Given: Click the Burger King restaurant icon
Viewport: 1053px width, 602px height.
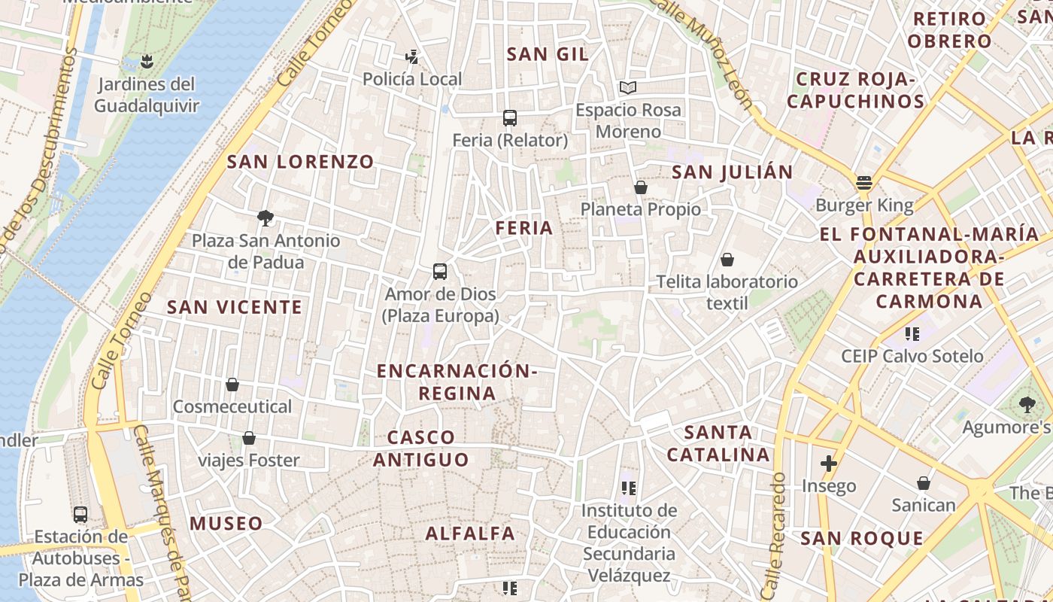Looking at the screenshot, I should [x=863, y=182].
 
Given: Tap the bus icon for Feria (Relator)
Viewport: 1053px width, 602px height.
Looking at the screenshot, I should [x=510, y=117].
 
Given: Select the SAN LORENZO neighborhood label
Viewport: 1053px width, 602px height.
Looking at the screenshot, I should [x=300, y=162].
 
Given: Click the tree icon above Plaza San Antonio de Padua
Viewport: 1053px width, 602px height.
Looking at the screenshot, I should [x=265, y=218].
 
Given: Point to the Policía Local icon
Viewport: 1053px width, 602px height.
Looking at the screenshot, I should [x=411, y=56].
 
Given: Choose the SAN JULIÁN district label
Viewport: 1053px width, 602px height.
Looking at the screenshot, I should [x=733, y=172].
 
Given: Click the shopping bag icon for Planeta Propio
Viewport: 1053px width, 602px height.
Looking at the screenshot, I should [x=641, y=187].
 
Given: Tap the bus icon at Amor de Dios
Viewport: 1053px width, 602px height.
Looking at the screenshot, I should [x=440, y=272].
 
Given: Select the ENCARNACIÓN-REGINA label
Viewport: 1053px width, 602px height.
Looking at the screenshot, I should [x=457, y=382].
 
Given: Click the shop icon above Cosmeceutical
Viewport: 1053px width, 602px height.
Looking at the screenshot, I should [x=232, y=385].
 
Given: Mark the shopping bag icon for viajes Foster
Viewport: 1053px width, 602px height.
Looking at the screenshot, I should [x=249, y=438].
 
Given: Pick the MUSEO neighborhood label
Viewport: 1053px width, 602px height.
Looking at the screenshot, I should [x=226, y=524].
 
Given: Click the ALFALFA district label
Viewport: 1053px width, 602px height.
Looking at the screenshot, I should [x=470, y=534].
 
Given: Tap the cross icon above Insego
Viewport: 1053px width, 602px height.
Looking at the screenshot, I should [x=829, y=464].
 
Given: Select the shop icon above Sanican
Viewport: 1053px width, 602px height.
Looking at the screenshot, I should [x=924, y=483].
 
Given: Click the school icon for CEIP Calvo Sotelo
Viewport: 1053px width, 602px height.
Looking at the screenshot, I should [x=912, y=333].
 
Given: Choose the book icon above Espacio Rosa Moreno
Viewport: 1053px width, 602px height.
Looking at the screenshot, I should [x=628, y=87].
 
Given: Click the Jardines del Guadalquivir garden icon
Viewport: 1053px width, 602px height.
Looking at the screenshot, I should [x=147, y=62].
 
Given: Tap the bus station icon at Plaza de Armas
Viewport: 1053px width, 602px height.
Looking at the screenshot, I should [x=80, y=515].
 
